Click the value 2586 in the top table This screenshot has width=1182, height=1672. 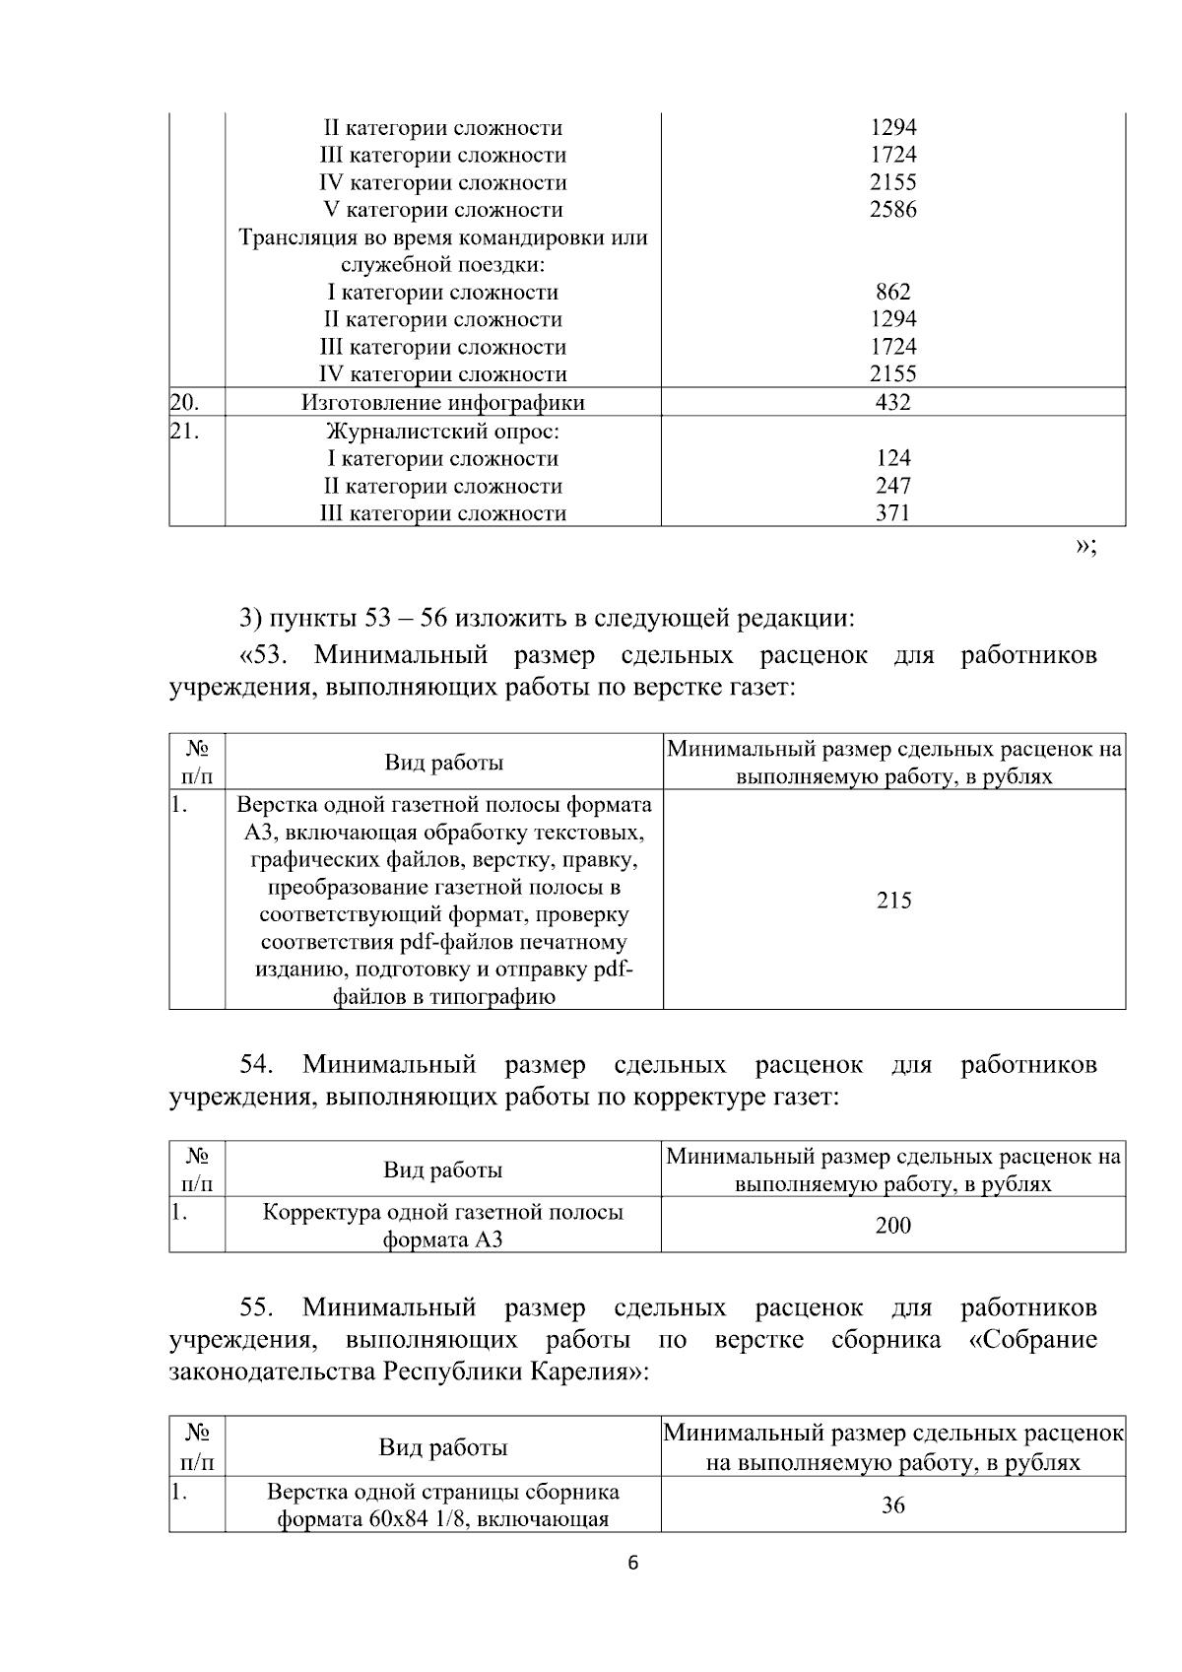(892, 210)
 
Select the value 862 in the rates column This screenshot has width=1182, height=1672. (892, 293)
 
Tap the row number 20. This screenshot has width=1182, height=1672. (184, 402)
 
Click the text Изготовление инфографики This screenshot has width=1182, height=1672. (442, 403)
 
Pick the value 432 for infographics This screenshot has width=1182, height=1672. (892, 402)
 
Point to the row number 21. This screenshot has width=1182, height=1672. (184, 432)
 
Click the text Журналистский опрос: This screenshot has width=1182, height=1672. (442, 432)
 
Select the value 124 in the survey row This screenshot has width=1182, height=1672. (892, 458)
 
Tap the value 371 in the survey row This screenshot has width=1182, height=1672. (892, 513)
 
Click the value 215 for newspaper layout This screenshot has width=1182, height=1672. (893, 901)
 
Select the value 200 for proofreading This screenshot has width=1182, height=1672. (892, 1226)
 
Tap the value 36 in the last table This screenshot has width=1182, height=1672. (892, 1505)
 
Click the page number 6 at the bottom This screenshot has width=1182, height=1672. (633, 1564)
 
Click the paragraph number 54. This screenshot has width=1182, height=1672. (257, 1065)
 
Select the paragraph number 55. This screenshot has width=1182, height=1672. (257, 1308)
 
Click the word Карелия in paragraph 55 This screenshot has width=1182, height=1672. (585, 1371)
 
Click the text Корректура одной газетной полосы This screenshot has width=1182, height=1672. (442, 1212)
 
